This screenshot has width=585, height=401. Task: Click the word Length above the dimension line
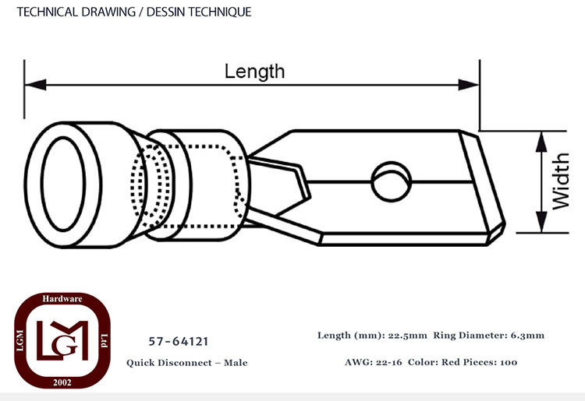254,72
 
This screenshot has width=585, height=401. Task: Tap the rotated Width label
560,181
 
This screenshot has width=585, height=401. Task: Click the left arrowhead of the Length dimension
35,85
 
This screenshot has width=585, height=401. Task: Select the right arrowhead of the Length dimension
469,85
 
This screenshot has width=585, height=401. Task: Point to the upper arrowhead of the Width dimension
541,142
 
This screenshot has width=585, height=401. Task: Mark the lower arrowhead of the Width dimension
541,222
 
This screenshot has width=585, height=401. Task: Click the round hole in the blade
392,181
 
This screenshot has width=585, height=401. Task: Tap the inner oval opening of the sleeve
63,184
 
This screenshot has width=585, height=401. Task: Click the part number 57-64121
179,341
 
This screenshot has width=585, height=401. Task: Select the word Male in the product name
236,363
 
